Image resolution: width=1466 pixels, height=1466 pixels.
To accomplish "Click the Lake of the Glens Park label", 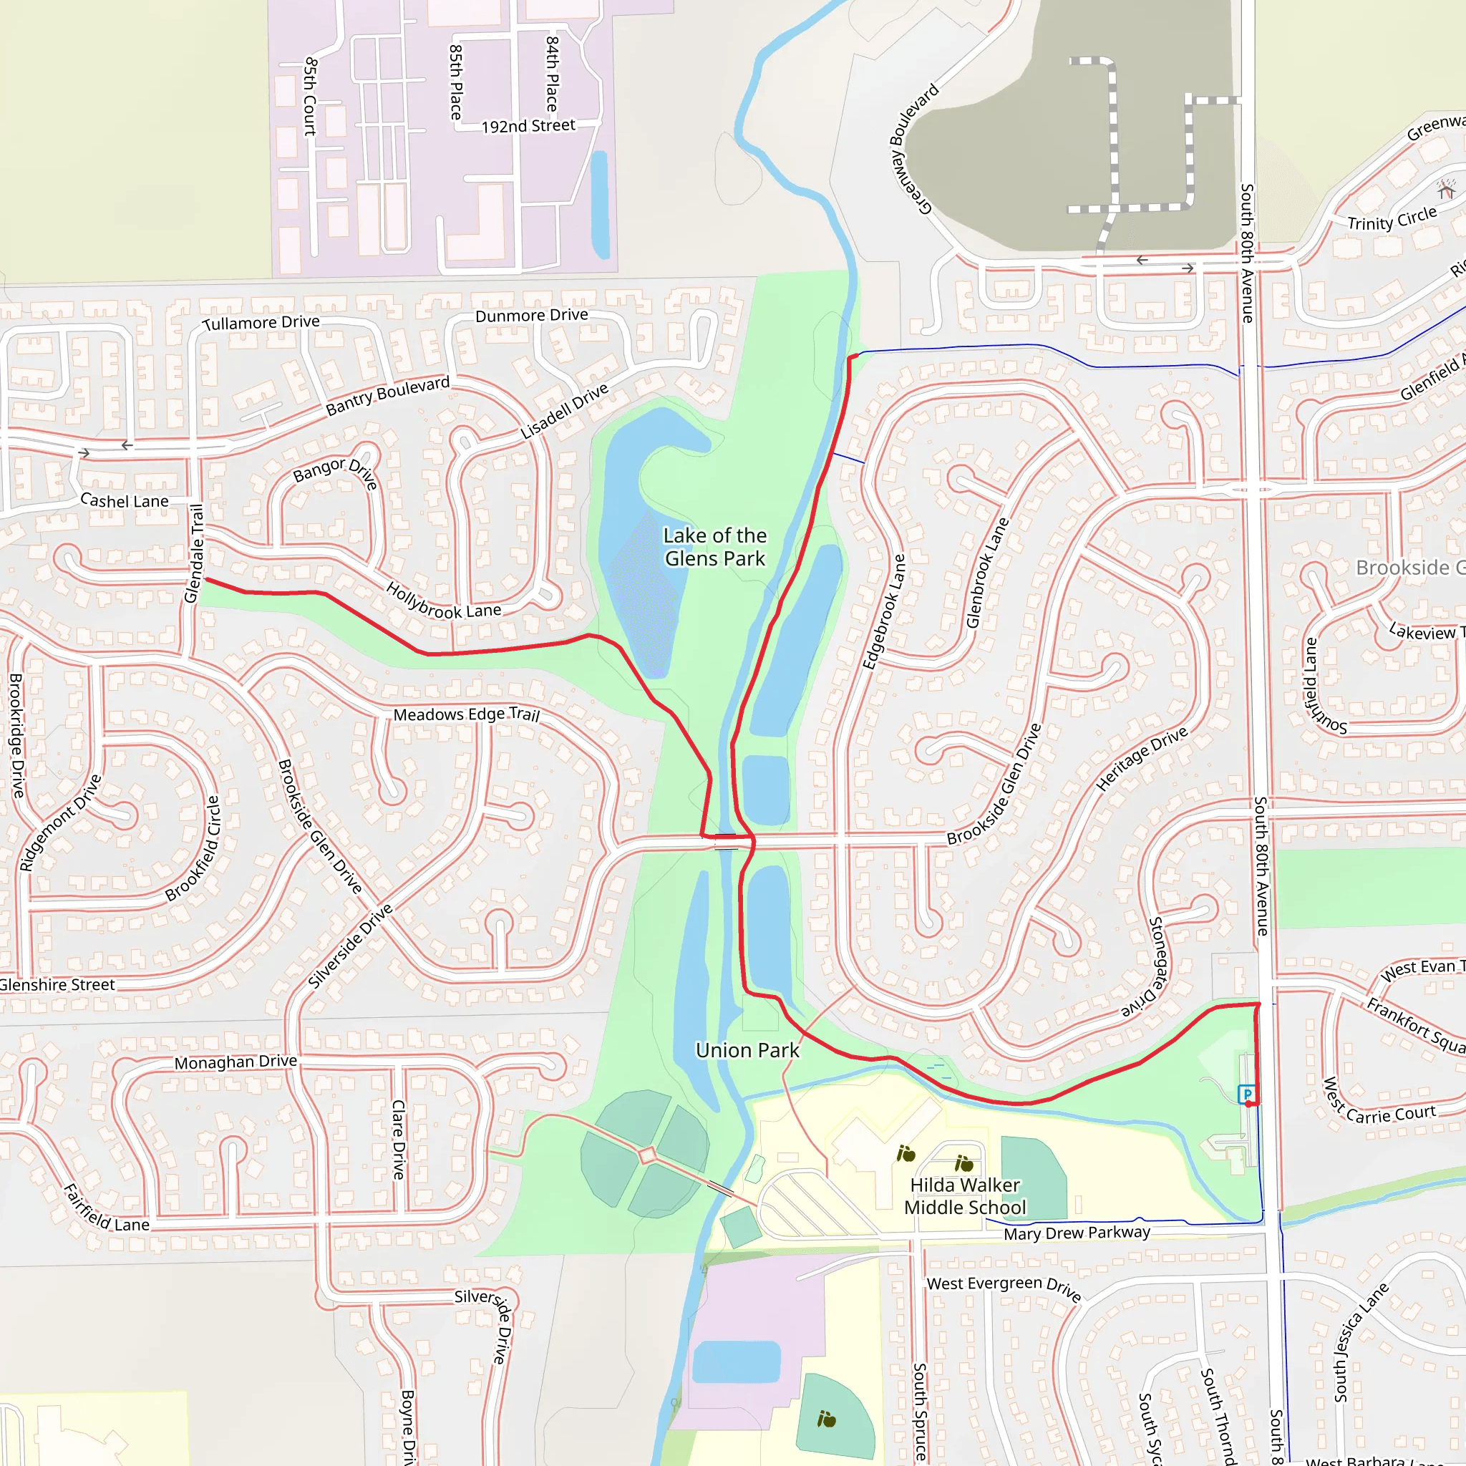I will [715, 547].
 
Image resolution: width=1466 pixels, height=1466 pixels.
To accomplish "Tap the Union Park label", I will [747, 1050].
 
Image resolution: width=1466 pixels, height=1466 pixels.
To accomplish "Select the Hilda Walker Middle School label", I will [964, 1196].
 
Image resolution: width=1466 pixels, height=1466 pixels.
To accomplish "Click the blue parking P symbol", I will [1246, 1094].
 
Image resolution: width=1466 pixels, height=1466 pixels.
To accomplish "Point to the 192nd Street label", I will [528, 126].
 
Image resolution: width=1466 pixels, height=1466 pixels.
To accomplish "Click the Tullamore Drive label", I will [261, 323].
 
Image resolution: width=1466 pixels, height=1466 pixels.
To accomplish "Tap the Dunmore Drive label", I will [531, 315].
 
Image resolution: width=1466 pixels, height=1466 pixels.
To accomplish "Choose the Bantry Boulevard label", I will [388, 396].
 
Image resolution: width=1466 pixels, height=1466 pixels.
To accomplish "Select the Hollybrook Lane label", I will [443, 602].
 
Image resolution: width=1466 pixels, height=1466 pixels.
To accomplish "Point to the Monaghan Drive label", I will [236, 1062].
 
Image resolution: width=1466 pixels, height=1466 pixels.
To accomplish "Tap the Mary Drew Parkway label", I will [1077, 1233].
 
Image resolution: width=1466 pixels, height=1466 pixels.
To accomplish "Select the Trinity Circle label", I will [1392, 219].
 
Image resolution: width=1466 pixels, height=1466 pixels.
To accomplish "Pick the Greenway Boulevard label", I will [914, 149].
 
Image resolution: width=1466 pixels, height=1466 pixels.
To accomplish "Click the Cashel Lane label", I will [125, 501].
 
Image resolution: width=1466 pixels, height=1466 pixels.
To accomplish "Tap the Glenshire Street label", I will [58, 985].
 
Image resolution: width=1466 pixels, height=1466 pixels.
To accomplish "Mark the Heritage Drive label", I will [1142, 759].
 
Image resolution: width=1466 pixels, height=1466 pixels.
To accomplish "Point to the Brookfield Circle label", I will [193, 848].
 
